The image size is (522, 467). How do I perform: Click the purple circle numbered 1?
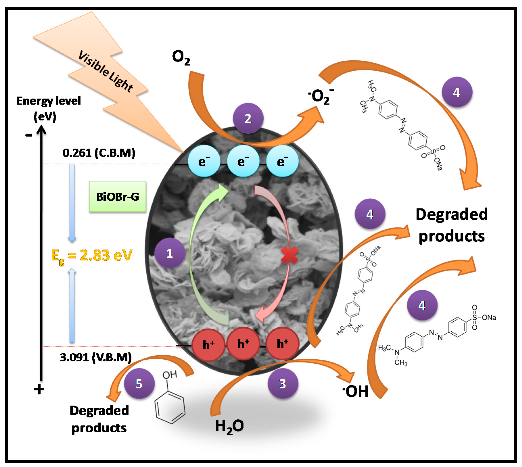[x=170, y=253]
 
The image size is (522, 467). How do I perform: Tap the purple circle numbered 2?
[x=248, y=118]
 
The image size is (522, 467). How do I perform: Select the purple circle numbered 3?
[x=283, y=383]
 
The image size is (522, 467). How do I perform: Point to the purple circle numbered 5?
[x=139, y=383]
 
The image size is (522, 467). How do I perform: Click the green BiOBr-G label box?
[x=118, y=197]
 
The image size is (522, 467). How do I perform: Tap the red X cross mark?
[x=289, y=255]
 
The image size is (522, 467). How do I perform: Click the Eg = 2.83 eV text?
[x=92, y=256]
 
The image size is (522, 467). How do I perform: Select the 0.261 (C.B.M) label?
[x=99, y=153]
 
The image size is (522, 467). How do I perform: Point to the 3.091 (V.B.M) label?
[x=96, y=357]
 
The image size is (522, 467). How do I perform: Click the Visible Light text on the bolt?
[x=105, y=71]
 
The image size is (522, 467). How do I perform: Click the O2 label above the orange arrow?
[x=181, y=57]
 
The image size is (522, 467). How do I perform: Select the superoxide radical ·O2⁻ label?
[x=321, y=97]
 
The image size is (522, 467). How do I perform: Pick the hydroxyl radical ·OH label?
[x=355, y=392]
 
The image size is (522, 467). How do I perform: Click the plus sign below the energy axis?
[x=39, y=389]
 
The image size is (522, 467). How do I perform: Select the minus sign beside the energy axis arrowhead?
[x=28, y=135]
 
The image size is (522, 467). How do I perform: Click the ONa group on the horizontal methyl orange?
[x=489, y=318]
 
